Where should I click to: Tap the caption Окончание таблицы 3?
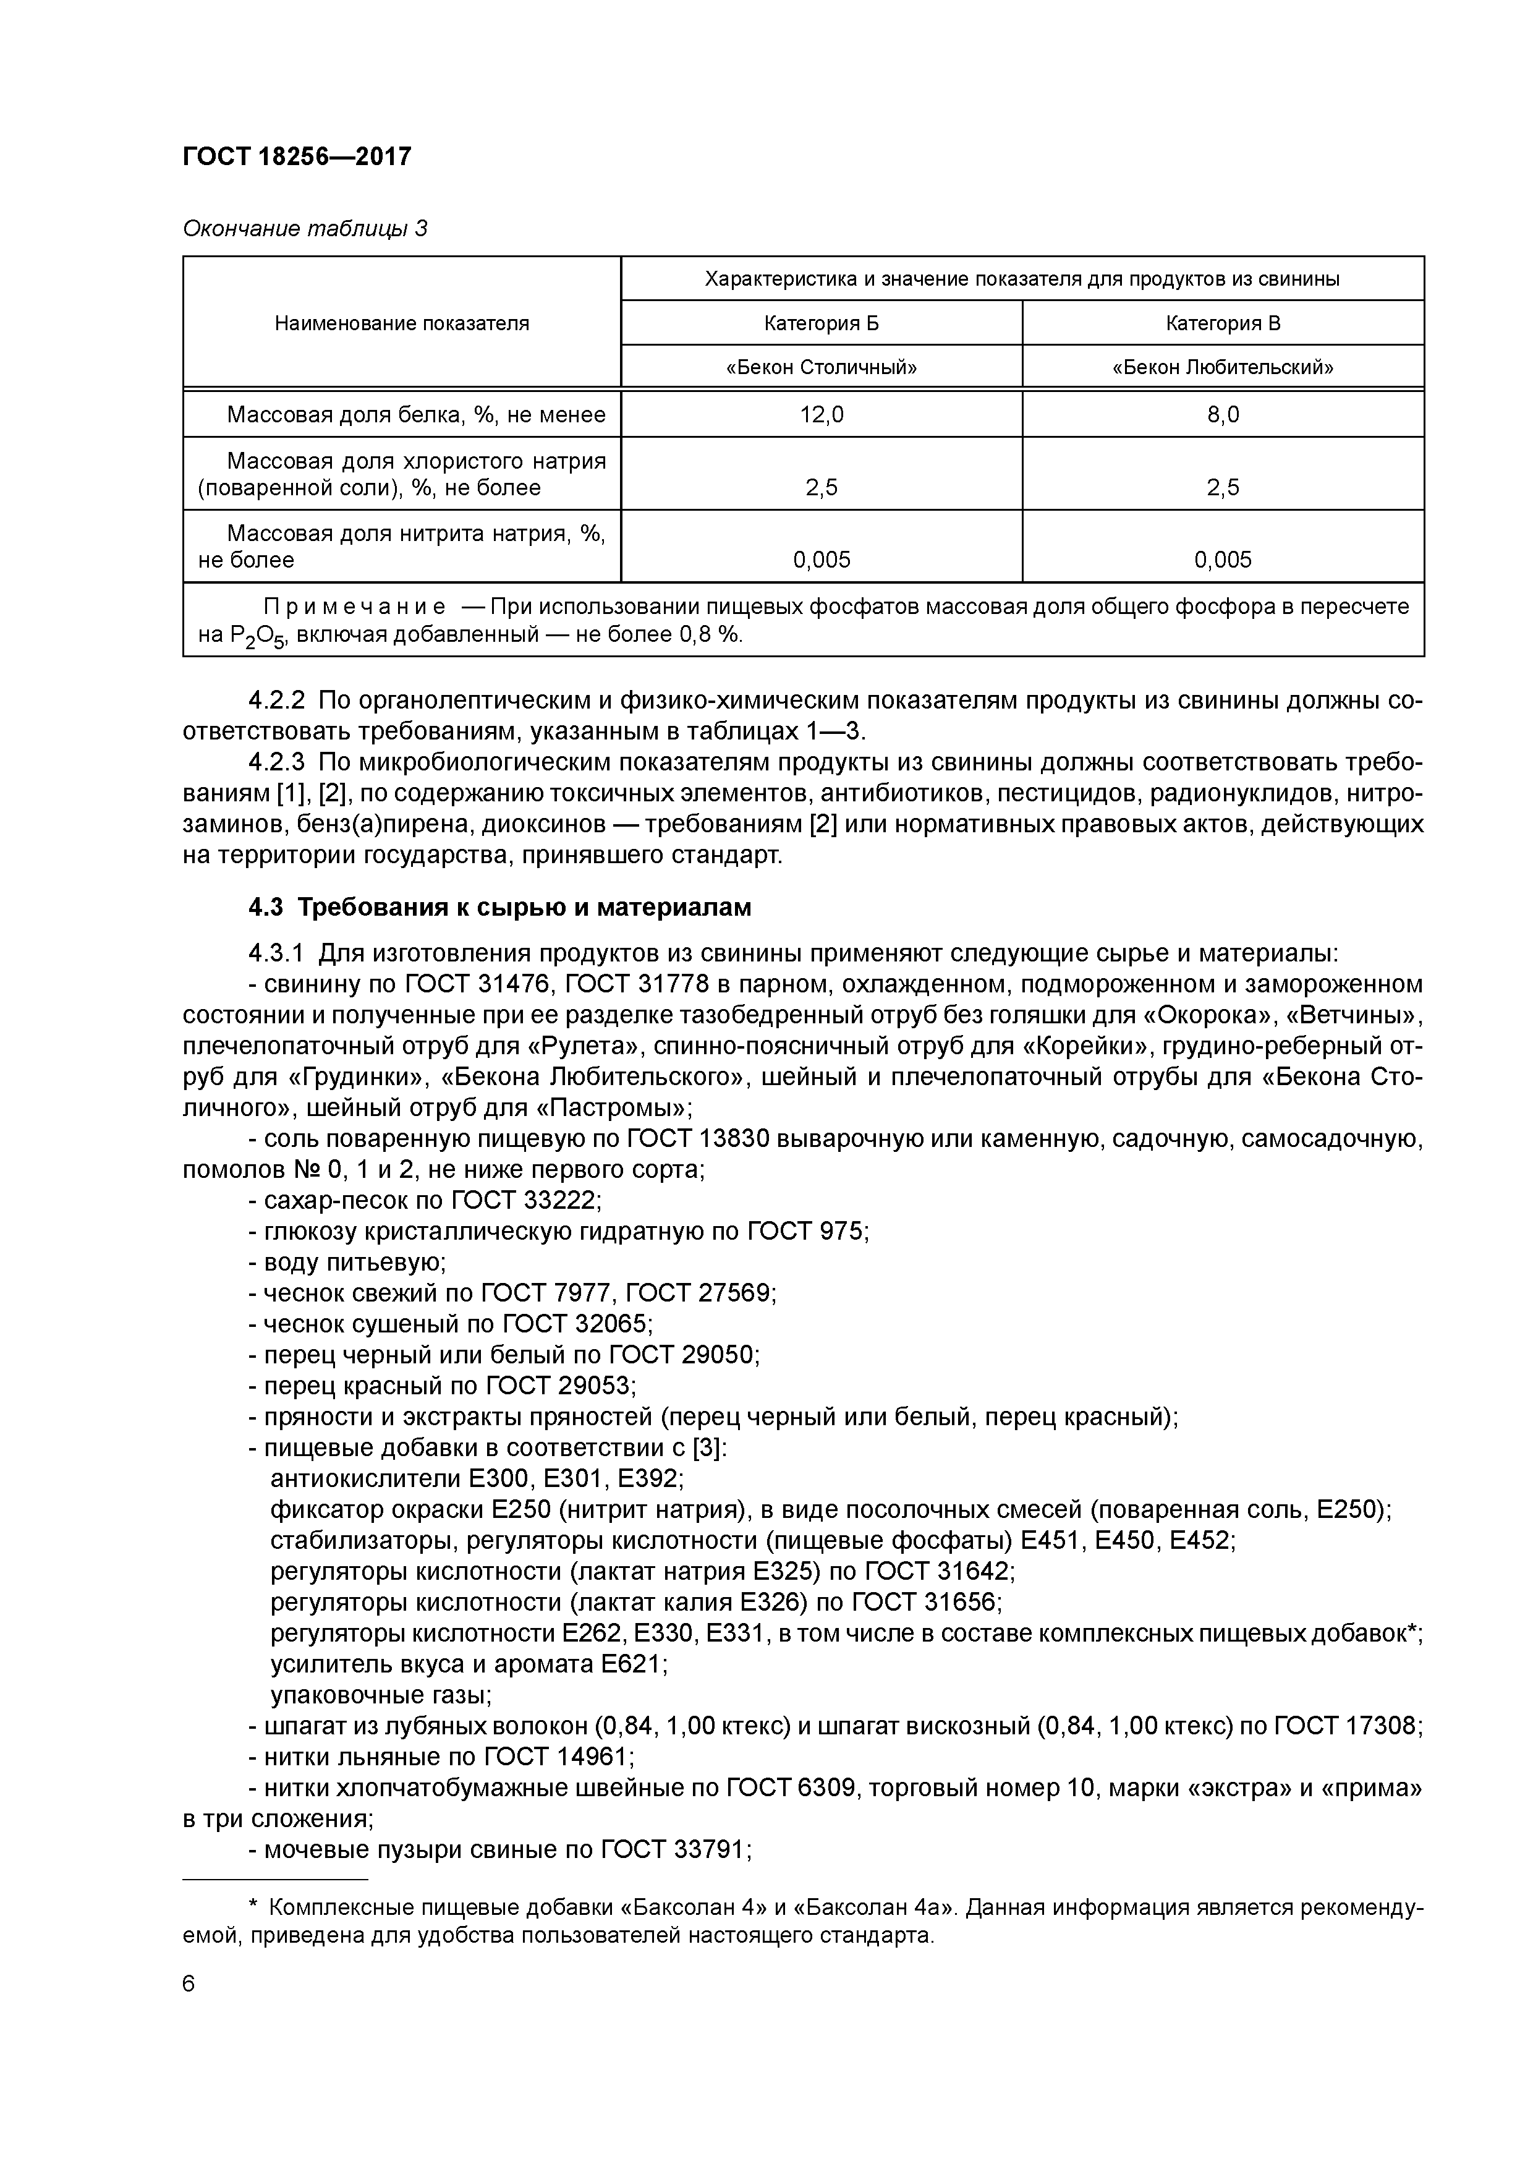(304, 229)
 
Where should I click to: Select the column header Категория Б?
(821, 323)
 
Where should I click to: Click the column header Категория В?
(1222, 323)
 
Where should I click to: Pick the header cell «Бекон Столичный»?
(821, 367)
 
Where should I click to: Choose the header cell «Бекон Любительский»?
(1222, 367)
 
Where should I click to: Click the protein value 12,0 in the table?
(821, 414)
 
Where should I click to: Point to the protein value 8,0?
(1222, 414)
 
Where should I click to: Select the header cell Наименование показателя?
(401, 323)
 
